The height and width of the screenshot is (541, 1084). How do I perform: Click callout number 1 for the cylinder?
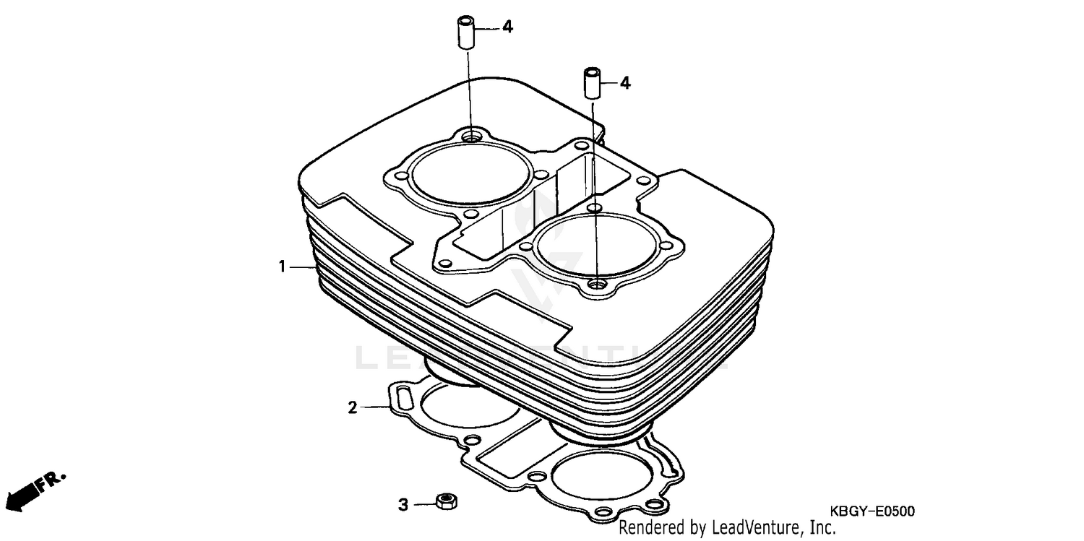point(283,267)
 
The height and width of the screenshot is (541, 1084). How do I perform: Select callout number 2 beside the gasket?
point(352,408)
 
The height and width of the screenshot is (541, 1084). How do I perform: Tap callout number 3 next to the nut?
point(404,503)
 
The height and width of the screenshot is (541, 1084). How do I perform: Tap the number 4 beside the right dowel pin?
point(625,84)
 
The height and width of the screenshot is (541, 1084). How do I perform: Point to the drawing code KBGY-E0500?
point(871,511)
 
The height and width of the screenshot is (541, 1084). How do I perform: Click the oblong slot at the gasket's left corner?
point(402,397)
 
